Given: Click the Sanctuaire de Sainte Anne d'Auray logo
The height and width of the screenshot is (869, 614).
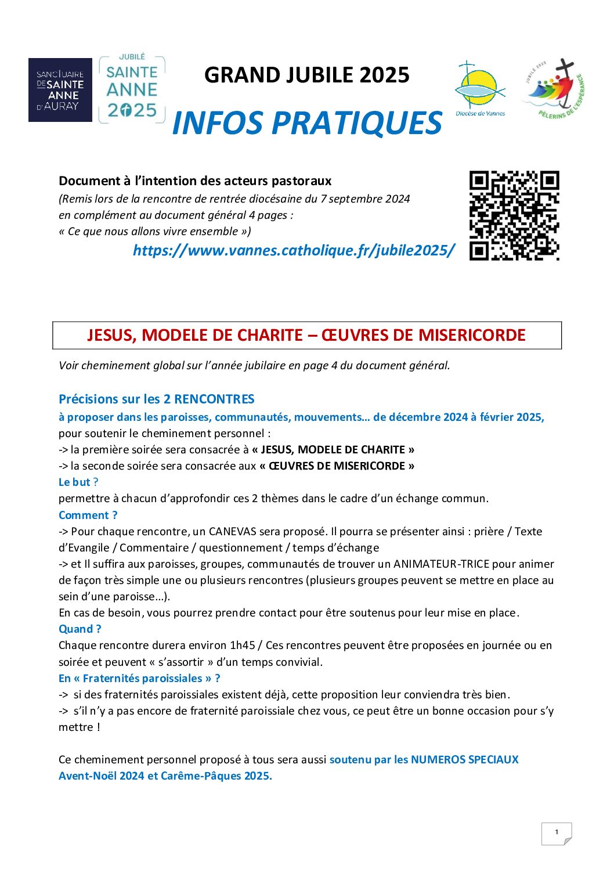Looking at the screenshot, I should pos(60,90).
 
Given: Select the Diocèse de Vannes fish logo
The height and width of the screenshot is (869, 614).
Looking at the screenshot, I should pos(479,89).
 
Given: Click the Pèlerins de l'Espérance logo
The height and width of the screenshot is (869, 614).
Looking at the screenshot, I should pos(554,89).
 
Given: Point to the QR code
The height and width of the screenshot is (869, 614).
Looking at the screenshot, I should pos(514,215).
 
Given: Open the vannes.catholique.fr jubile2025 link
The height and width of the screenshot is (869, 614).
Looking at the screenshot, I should pos(294,250).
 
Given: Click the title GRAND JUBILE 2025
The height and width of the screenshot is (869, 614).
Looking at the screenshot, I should pos(307,75).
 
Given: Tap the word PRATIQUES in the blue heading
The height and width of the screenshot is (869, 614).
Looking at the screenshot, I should pos(357,123).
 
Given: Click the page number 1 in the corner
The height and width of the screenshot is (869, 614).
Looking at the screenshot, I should pos(557,832).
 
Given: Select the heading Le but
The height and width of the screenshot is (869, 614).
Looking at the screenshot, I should pos(75,482).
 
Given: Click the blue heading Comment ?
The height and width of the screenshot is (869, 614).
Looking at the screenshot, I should pos(88,515).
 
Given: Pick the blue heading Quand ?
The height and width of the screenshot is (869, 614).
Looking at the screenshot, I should pos(80,629).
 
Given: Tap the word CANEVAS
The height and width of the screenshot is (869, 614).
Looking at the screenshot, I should pos(232,531).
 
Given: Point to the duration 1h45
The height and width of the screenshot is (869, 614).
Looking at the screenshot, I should pos(243,645).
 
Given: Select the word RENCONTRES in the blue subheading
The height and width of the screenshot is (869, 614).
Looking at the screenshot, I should pos(214,399).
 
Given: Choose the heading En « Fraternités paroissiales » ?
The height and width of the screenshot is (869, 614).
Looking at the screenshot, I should pos(139,678).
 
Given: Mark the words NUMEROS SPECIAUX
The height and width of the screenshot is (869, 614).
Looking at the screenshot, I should pos(464,759).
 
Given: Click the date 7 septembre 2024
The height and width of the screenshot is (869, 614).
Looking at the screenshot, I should pos(365,199).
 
